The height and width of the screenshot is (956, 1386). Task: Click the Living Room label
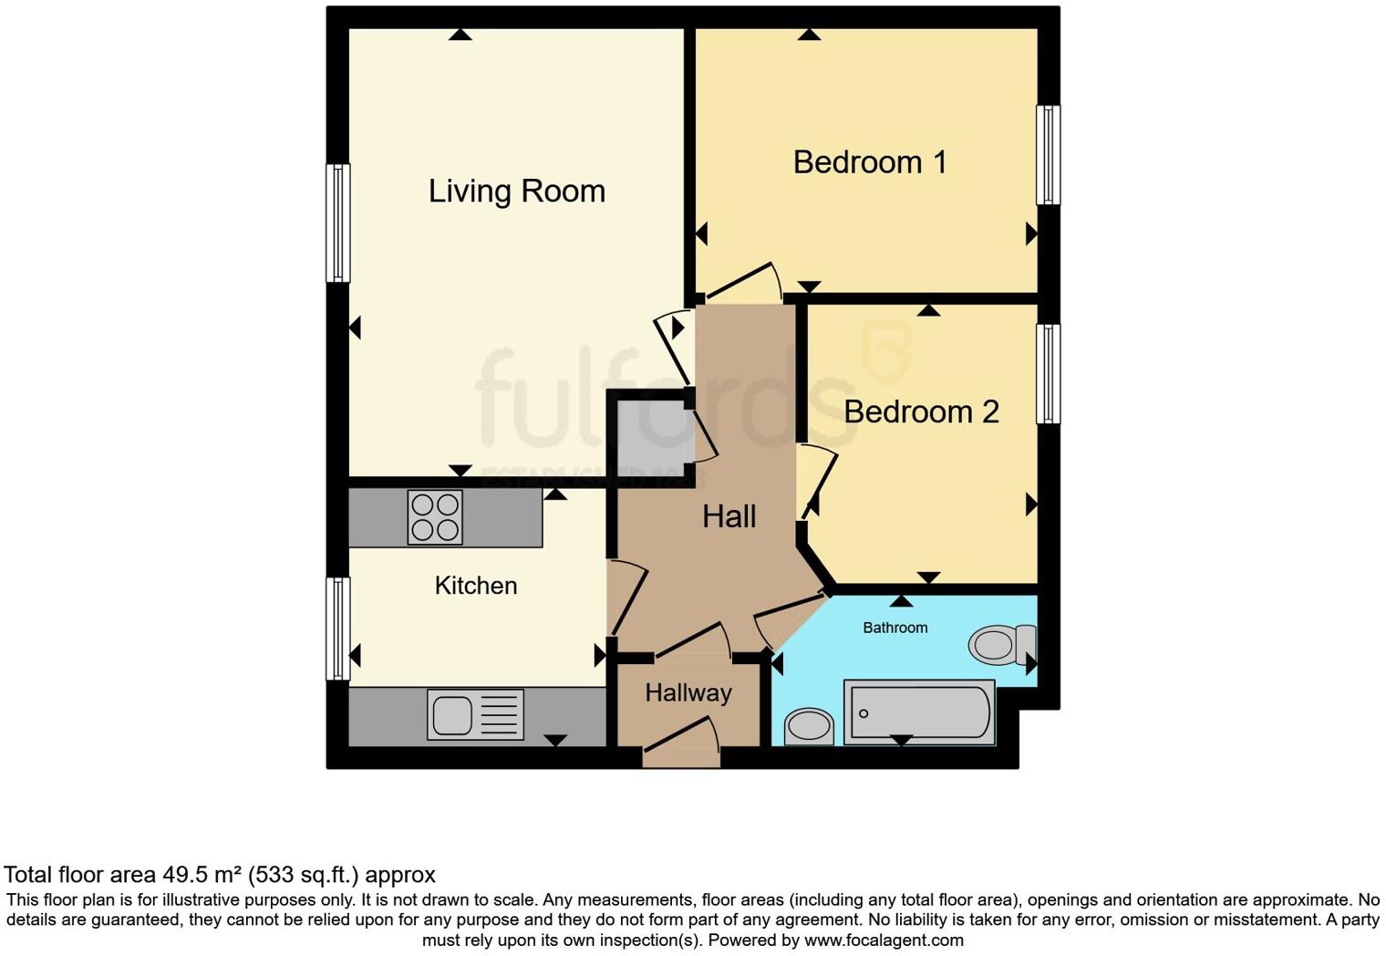tap(516, 192)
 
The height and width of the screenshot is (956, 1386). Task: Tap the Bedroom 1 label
tap(869, 162)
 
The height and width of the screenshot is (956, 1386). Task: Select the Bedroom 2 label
tap(921, 412)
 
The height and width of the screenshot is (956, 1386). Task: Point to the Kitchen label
tap(475, 586)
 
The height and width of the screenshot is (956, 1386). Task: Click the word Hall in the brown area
tap(729, 517)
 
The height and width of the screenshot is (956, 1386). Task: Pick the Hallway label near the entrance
tap(688, 693)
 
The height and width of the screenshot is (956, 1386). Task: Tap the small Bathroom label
tap(895, 628)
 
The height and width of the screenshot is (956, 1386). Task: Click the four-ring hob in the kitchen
tap(435, 518)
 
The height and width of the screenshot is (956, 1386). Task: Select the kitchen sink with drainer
tap(475, 713)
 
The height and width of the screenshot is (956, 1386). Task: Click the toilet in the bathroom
tap(1001, 645)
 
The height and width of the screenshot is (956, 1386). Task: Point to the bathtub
tap(919, 712)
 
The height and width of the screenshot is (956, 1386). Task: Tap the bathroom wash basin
tap(808, 727)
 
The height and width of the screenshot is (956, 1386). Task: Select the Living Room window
tap(337, 223)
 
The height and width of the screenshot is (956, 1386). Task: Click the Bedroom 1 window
tap(1048, 155)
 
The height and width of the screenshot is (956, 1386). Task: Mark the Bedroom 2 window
tap(1048, 373)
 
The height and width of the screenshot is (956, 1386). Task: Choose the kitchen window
tap(337, 629)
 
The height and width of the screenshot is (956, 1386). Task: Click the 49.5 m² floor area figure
tap(202, 876)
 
